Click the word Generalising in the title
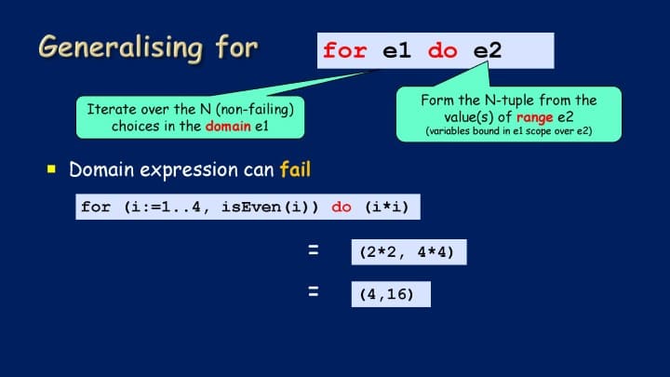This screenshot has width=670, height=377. point(120,47)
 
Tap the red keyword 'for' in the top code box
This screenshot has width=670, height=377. point(344,51)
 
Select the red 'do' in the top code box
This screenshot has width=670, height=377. point(442,51)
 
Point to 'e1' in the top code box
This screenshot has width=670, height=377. point(396,51)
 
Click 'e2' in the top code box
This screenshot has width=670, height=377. point(487,51)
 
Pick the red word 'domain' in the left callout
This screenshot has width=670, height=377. point(228,126)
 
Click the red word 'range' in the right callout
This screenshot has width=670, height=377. point(534,117)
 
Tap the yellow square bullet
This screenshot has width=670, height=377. point(51,169)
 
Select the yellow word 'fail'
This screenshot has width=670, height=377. point(295,169)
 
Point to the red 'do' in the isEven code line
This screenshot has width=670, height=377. point(341,208)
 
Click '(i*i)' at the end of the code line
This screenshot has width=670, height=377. point(386,208)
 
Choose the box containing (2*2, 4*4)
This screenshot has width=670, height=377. point(409,252)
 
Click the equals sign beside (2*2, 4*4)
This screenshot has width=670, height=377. point(314,250)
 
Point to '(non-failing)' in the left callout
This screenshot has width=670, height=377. point(255,110)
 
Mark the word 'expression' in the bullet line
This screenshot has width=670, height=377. point(189,170)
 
